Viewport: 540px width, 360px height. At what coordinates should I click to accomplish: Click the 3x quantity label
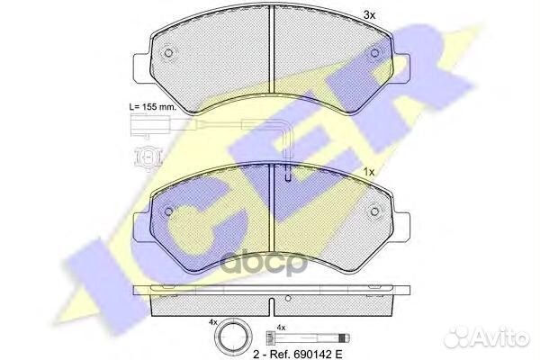coord(369,14)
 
